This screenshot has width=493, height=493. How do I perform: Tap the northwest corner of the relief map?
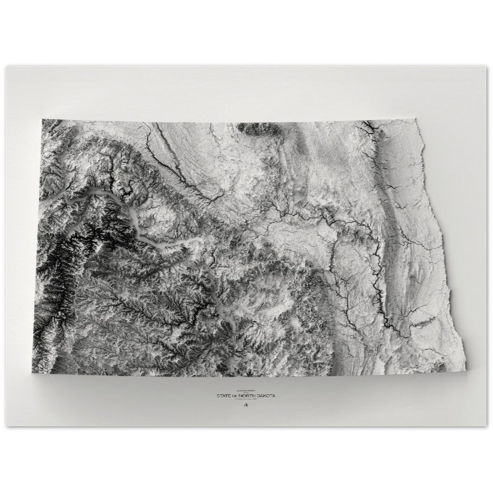coord(42,120)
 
